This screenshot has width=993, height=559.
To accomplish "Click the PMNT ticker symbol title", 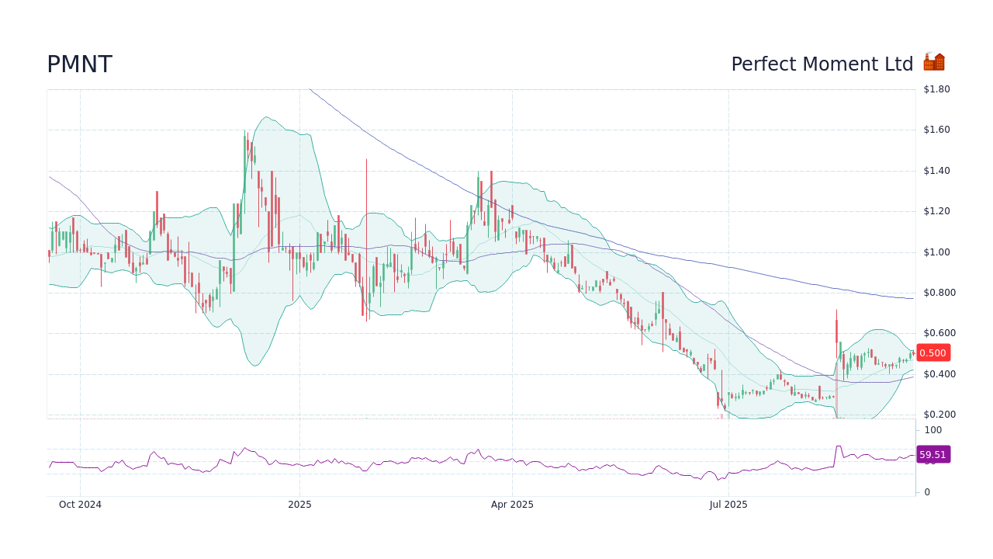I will click(79, 64).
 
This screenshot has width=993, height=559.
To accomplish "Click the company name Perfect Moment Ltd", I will click(822, 64).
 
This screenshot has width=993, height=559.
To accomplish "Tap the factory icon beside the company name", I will click(934, 62).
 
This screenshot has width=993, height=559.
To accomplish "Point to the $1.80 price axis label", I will click(936, 89).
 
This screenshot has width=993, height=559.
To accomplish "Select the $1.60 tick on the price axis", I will click(936, 130).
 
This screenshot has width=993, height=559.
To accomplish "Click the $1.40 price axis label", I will click(936, 171).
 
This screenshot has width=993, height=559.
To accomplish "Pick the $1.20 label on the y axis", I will click(936, 211).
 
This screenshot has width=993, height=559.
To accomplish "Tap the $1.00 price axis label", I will click(936, 252).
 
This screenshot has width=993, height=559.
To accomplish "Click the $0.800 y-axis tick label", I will click(939, 293).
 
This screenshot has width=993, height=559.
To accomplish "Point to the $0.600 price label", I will click(939, 333).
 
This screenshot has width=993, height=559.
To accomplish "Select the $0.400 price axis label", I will click(939, 374).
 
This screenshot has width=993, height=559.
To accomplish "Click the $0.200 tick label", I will click(939, 415).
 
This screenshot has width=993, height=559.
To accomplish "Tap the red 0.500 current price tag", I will click(932, 353).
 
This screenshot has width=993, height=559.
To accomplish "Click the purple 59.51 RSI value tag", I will click(932, 455).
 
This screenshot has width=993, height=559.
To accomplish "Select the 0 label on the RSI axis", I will click(927, 492).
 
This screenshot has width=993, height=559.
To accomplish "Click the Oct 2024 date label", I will click(80, 505).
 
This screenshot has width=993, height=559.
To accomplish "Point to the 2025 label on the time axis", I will click(299, 505).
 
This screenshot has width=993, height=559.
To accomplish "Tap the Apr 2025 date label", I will click(512, 505).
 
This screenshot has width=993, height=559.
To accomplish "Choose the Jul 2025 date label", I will click(728, 505).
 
